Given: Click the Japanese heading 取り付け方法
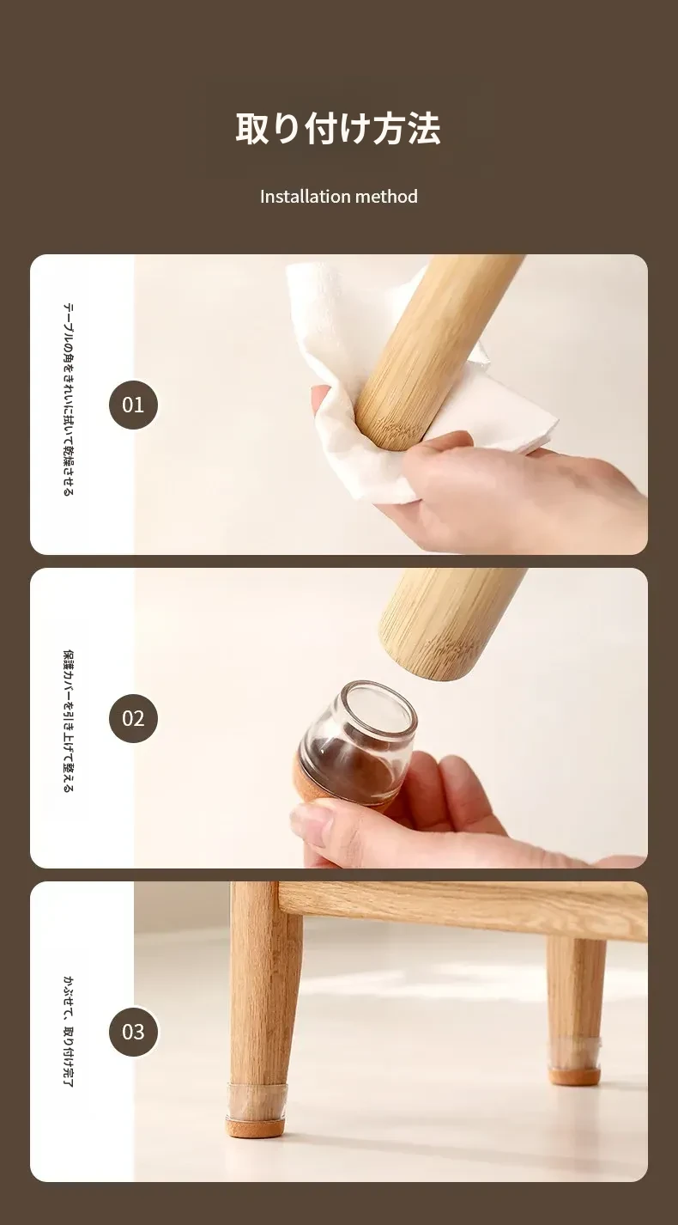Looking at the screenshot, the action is click(x=338, y=129).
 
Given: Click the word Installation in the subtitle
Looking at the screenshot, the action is click(x=297, y=197).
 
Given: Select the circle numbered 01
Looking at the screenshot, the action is click(x=133, y=405).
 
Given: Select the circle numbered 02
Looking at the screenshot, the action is click(x=133, y=718).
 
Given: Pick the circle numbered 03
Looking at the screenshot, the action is click(x=133, y=1032).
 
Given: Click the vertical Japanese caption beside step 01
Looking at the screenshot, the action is click(x=69, y=399).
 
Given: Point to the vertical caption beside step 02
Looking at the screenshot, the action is click(x=69, y=721).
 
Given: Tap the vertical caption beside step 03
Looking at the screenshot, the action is click(x=69, y=1032).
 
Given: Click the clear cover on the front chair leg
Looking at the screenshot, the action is click(x=257, y=1099).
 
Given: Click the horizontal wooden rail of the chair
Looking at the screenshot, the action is click(x=463, y=902).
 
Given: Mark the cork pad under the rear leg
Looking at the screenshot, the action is click(x=575, y=1076).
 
